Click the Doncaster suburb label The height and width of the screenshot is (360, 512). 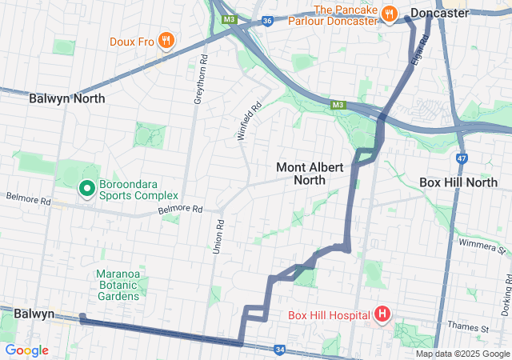439,14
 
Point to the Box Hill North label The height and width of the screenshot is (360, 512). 458,182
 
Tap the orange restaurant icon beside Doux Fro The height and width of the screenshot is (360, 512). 166,40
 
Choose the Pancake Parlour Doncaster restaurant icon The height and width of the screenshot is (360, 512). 389,13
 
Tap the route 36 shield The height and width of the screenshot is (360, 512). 267,21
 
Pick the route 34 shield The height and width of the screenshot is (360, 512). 279,349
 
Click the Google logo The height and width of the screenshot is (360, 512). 26,350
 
